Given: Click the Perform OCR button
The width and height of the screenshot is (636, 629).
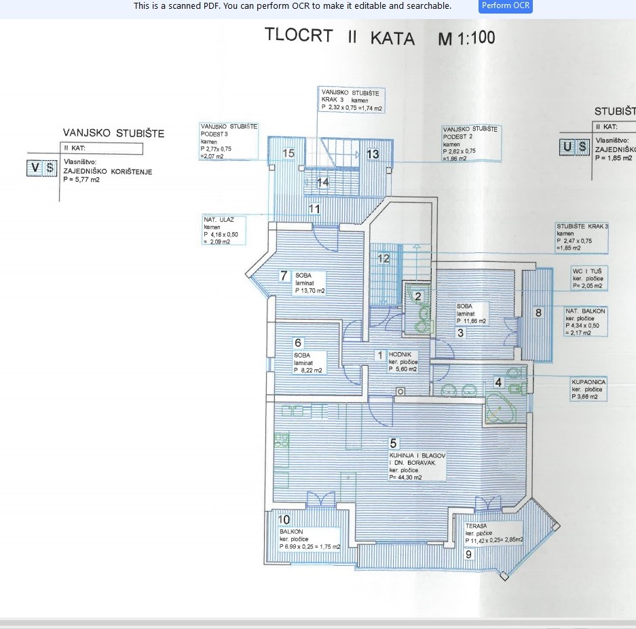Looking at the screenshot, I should tap(506, 6).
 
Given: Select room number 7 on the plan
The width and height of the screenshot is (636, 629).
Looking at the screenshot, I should tap(284, 275).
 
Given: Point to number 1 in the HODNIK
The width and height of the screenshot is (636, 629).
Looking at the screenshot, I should tap(380, 355).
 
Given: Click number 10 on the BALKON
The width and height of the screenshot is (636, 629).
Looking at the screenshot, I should tap(284, 520).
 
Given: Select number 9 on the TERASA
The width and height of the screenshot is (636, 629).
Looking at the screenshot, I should tap(468, 554).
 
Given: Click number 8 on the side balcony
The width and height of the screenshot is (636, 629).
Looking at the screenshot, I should tap(538, 312).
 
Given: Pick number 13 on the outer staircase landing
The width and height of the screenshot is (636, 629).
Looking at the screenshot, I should tap(373, 154).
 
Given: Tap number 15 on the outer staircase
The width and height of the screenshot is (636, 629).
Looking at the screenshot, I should tap(288, 153).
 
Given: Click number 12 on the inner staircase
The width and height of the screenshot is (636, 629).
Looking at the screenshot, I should tap(384, 258).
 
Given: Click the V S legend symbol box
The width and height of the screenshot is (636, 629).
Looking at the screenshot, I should tap(42, 168).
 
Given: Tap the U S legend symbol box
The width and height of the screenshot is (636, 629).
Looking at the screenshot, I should tap(574, 147).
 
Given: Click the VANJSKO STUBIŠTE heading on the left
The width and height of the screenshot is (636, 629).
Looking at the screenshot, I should tap(113, 133).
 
